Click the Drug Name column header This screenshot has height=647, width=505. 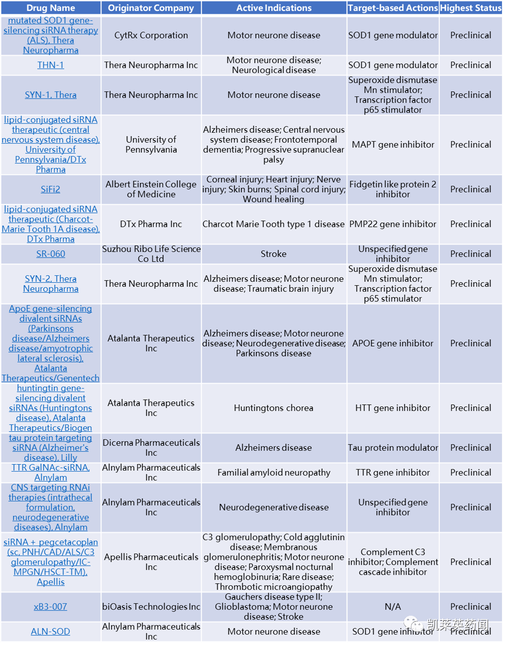click(51, 8)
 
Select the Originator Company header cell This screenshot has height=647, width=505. click(151, 8)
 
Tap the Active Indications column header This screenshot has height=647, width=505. click(274, 8)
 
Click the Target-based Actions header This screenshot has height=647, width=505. click(393, 8)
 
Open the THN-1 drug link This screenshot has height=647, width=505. click(51, 65)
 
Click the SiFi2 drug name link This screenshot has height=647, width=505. click(51, 189)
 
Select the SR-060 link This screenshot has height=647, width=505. click(51, 254)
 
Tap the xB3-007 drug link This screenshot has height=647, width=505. click(51, 607)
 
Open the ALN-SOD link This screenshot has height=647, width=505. click(51, 632)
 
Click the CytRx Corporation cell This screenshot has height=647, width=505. click(151, 35)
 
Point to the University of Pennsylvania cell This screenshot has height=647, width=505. click(151, 144)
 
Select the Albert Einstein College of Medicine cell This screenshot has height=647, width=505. click(151, 189)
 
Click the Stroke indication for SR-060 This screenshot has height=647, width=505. click(274, 254)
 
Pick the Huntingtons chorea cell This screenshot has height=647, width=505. click(274, 408)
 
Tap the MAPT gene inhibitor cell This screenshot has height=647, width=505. click(393, 144)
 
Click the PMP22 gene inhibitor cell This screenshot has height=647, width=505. click(393, 224)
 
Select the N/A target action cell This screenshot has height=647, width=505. click(393, 607)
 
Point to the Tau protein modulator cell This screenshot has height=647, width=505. click(393, 447)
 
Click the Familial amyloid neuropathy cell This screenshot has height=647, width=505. click(274, 472)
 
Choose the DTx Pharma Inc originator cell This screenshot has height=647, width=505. click(151, 224)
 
